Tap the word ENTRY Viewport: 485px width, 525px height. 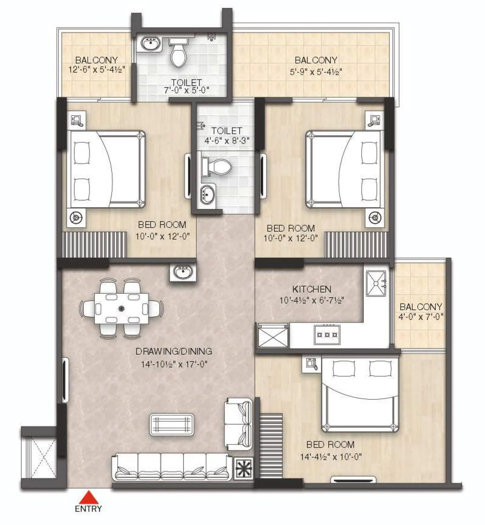tap(88, 509)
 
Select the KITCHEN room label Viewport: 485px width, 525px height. tap(312, 289)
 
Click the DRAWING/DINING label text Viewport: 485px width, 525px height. tap(174, 351)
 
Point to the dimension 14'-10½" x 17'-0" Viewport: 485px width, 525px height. tap(174, 364)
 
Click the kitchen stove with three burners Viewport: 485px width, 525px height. tap(327, 334)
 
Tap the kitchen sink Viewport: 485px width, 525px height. tap(376, 283)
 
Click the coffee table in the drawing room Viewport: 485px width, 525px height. tap(172, 424)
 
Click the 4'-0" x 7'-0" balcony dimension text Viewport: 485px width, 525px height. tap(421, 317)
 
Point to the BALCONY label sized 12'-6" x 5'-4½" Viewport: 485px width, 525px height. tap(97, 60)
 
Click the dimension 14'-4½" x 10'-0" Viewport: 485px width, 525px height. tap(331, 457)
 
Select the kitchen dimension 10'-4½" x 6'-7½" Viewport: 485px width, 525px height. tap(312, 301)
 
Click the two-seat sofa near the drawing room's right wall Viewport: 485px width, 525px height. tap(239, 424)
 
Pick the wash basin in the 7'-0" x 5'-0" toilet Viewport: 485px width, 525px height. tap(151, 43)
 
